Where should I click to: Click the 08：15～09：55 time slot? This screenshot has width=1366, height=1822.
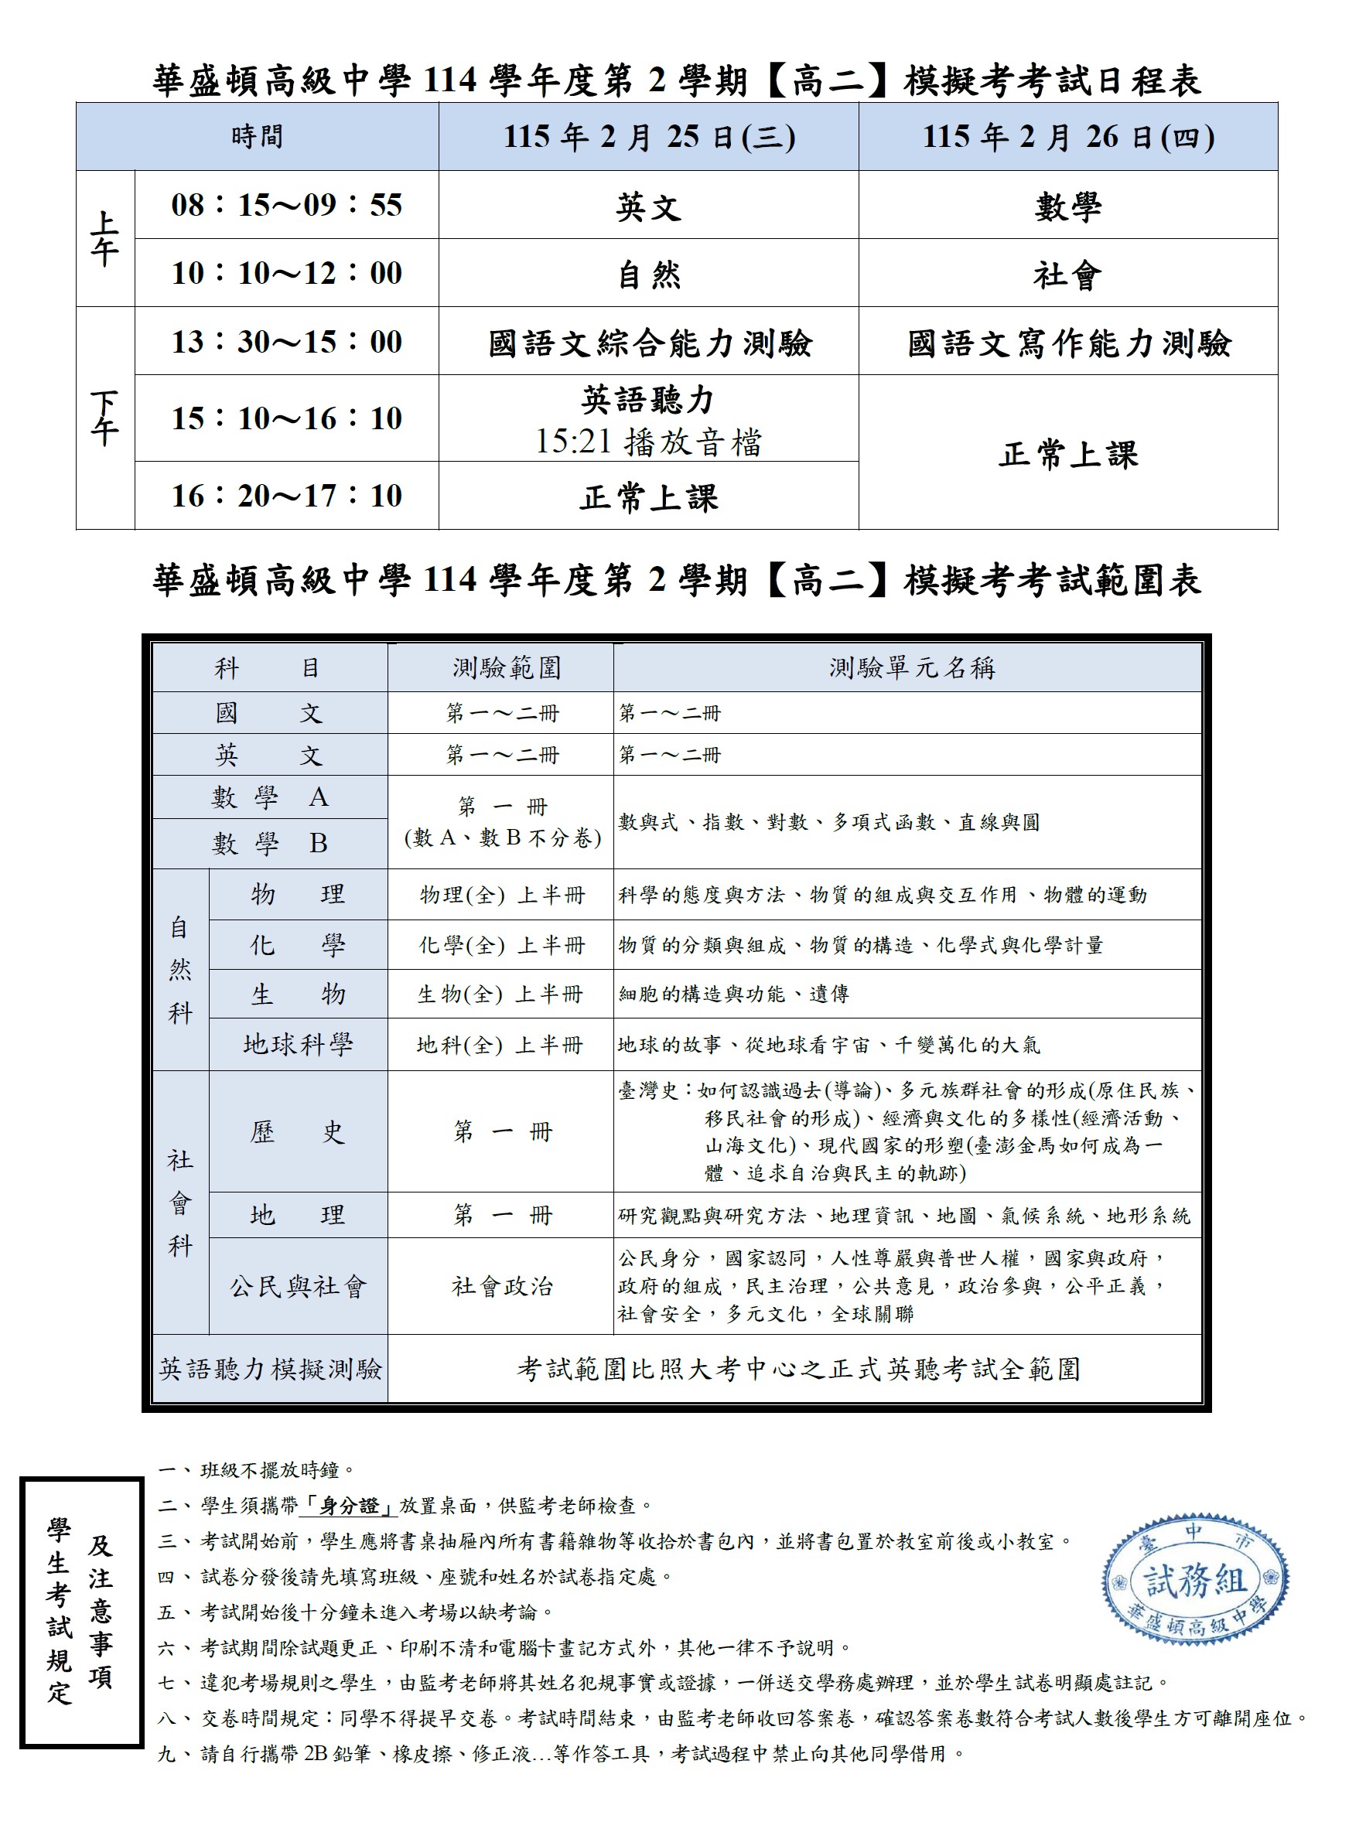pos(286,205)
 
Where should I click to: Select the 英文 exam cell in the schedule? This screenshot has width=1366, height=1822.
pos(648,206)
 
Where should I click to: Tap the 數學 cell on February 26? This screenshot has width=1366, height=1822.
pos(1067,206)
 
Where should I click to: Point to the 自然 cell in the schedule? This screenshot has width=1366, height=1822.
pos(648,275)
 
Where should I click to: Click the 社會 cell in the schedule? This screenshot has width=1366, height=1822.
pos(1067,275)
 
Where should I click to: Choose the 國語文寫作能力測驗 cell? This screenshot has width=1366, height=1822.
pos(1067,343)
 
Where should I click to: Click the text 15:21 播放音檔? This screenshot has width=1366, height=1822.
pos(648,442)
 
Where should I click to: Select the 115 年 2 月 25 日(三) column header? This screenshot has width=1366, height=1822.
pos(648,137)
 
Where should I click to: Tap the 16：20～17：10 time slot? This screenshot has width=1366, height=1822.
pos(286,496)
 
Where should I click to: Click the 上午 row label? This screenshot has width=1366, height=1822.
pos(104,239)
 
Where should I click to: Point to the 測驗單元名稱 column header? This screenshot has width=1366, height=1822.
pos(911,667)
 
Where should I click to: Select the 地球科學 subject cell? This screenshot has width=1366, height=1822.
pos(298,1045)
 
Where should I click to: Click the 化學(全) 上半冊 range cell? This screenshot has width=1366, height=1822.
pos(501,945)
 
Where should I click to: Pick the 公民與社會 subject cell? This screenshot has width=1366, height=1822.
pos(298,1286)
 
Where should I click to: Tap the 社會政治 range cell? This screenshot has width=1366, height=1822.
pos(501,1286)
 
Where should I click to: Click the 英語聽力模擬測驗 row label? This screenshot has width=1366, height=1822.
pos(269,1368)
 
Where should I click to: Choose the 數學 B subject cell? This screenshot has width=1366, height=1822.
pos(269,843)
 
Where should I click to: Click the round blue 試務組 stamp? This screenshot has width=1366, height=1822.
pos(1194,1580)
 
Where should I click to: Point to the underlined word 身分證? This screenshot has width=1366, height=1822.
pos(349,1506)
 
